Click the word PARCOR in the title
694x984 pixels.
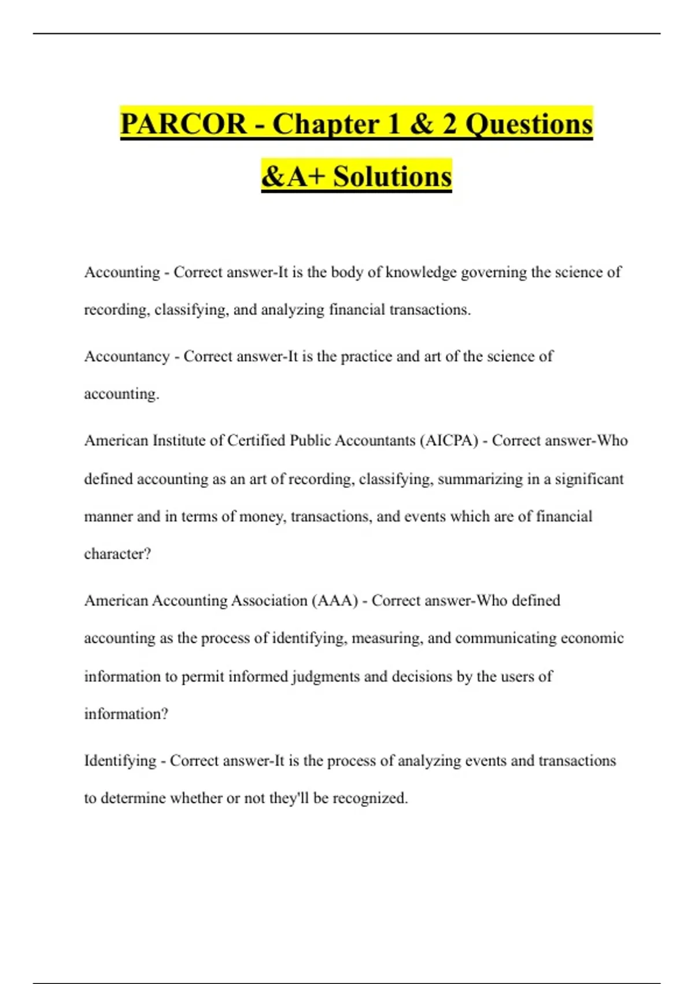pos(183,124)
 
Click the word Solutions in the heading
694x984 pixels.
pos(392,177)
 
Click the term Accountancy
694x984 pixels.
pos(127,357)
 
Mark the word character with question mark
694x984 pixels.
pos(117,554)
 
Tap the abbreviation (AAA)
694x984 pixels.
pos(335,600)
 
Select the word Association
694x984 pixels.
pos(269,600)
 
